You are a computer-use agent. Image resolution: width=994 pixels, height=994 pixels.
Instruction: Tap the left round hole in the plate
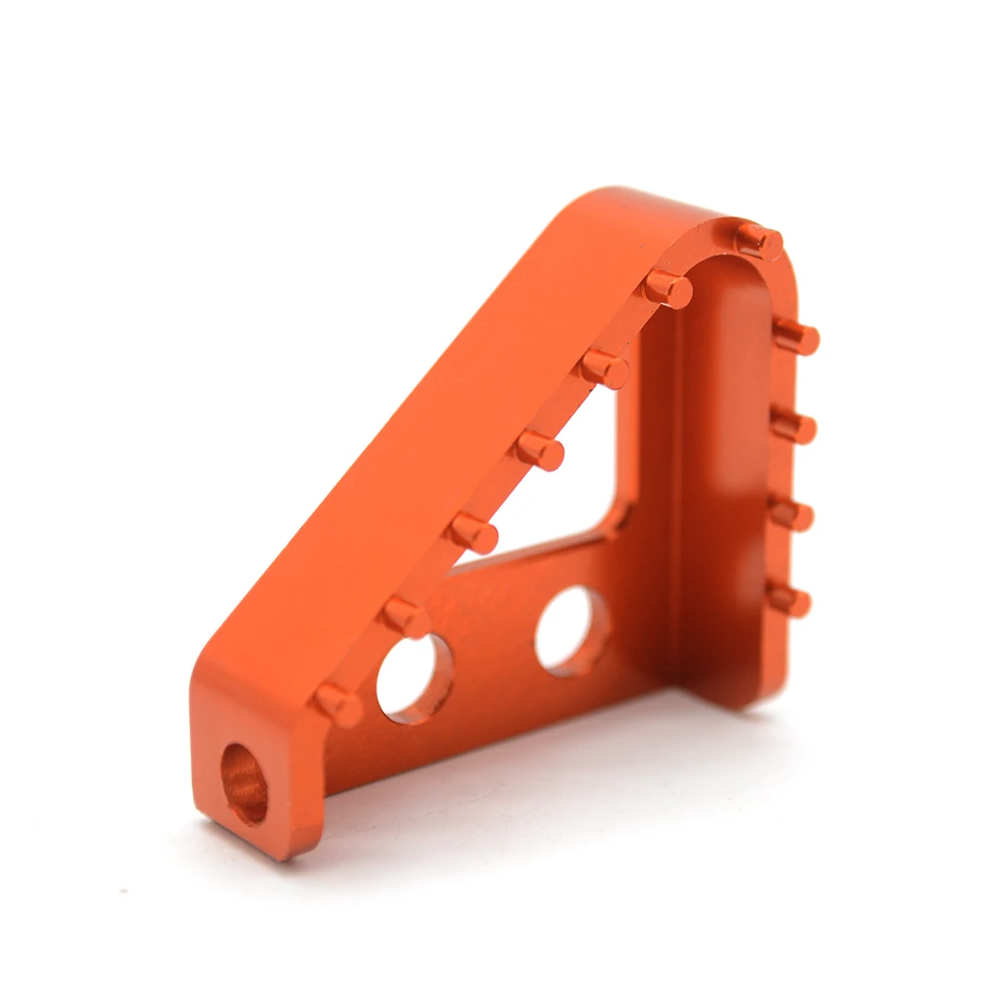pos(412,676)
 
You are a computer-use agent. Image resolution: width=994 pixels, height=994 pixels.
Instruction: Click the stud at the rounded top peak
pos(759,239)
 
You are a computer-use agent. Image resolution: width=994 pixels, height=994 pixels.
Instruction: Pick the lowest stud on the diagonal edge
pos(338,704)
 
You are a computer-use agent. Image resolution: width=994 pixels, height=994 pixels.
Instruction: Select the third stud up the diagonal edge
pos(472,533)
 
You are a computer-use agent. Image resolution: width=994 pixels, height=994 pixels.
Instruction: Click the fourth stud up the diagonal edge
pos(540,450)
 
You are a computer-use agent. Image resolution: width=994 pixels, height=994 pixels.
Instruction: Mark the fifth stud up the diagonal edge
pos(604,368)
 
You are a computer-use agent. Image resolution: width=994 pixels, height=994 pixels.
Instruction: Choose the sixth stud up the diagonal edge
pos(666,288)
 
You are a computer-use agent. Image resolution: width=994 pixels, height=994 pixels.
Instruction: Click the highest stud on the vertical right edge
pos(795,337)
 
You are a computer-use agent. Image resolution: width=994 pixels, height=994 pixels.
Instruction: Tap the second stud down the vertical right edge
pos(793,426)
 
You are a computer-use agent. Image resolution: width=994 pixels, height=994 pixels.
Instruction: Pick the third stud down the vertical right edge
pos(792,514)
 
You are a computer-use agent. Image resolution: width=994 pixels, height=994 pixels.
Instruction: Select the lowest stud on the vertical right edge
pos(790,599)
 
